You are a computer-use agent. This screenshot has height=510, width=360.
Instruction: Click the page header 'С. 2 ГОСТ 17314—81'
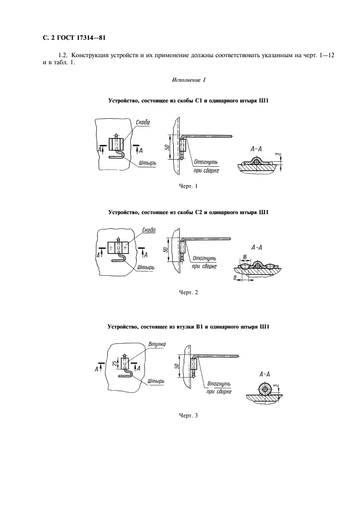pos(70,38)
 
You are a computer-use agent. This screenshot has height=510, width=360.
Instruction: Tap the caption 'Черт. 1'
pos(188,187)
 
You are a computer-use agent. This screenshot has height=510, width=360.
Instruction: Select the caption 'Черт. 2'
pos(188,293)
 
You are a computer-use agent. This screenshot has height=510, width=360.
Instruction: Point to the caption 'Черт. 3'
pos(188,416)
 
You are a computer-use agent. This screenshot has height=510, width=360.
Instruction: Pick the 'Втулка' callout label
pos(156,343)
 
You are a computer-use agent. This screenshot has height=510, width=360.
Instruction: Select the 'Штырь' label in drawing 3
pos(156,381)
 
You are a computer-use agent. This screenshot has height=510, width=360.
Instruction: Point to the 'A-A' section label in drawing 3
pos(267,374)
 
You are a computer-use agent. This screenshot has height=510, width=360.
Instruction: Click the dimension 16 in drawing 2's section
pos(245,257)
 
